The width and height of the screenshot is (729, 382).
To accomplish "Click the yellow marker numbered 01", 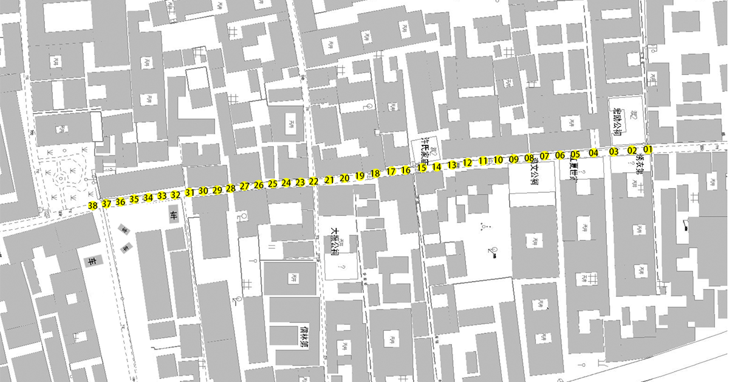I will (x=648, y=149).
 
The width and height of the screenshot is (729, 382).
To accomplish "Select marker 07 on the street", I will (x=544, y=156).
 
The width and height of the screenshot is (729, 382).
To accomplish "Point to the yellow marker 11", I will (x=483, y=161).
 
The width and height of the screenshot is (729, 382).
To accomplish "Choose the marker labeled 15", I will (x=422, y=167).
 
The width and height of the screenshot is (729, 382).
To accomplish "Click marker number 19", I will (x=360, y=176).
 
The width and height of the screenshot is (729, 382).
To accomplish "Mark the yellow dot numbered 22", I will (x=313, y=181).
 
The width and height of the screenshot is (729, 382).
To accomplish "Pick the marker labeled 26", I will (x=259, y=185).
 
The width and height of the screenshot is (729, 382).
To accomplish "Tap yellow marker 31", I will (x=190, y=192).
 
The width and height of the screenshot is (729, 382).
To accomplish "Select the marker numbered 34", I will (x=148, y=197).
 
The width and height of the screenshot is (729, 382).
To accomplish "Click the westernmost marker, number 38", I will (x=92, y=206).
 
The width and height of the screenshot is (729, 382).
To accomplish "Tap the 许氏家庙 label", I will (x=427, y=152).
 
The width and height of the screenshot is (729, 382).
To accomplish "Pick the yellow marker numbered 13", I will (x=451, y=164).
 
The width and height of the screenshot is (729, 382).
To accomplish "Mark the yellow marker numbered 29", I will (x=217, y=190).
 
